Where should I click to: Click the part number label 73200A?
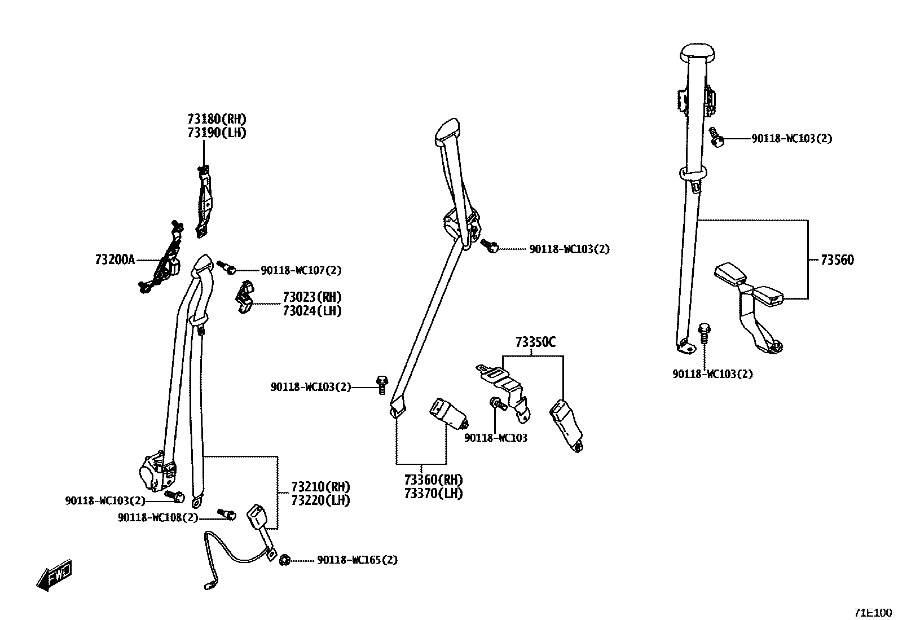coord(115,260)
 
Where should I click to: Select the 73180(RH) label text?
coord(217,119)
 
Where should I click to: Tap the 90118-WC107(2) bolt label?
coord(301,270)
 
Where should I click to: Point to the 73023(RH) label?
coord(312,297)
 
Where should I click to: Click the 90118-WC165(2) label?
coord(357,560)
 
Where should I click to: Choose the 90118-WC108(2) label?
coord(158,517)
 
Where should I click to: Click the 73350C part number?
coord(535,342)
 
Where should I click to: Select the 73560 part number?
coord(837,260)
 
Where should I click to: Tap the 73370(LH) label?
coord(433,494)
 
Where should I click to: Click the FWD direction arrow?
coord(54,576)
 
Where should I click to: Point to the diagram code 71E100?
coord(873,612)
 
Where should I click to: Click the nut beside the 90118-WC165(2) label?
coord(285,560)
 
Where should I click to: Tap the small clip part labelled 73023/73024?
coord(244,297)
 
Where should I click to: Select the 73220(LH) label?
coord(320,500)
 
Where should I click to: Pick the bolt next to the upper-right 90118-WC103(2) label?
coord(716,137)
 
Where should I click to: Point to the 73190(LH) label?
coord(217,133)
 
